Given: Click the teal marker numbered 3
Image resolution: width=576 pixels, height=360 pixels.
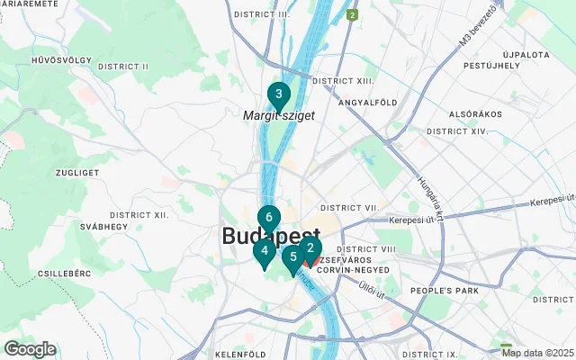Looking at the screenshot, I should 279,94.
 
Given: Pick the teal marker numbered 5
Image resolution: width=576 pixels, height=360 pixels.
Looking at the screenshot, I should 292,256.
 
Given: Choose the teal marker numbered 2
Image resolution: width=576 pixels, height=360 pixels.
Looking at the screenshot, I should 310,248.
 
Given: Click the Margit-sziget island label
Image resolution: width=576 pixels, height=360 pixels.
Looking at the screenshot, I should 278,116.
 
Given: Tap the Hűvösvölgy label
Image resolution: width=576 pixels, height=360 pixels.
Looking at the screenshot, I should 61,60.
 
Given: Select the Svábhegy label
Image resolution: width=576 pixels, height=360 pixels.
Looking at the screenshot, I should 103,227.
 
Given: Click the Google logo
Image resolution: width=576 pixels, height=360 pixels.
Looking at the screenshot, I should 31,349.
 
